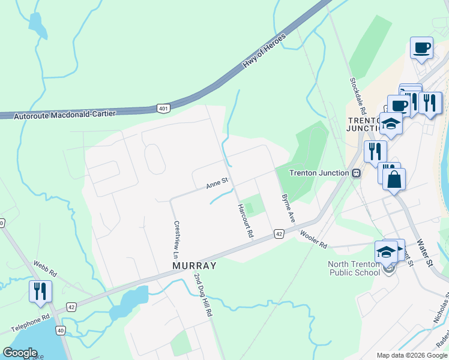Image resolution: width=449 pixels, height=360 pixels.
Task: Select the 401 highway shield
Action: pos(163,108)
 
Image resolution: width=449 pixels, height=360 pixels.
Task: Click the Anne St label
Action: pos(217,182)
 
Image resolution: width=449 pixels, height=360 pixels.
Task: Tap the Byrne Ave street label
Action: pos(289,208)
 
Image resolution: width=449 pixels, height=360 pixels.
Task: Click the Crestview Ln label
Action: pos(176,235)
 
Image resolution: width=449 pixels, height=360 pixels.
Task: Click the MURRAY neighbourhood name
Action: pos(194,265)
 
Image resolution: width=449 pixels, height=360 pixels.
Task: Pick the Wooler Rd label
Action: pos(313,241)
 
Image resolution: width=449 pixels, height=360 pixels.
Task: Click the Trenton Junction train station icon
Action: pos(356,173)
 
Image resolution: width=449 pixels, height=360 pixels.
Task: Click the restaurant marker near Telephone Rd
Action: pos(41,292)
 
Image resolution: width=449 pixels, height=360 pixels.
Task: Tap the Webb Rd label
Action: pos(44,268)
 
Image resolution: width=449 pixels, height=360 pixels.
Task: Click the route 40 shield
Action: pos(60,330)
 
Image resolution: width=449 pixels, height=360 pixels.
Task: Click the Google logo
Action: pos(20,353)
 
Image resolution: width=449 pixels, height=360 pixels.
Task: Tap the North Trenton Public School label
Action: pos(354,268)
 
